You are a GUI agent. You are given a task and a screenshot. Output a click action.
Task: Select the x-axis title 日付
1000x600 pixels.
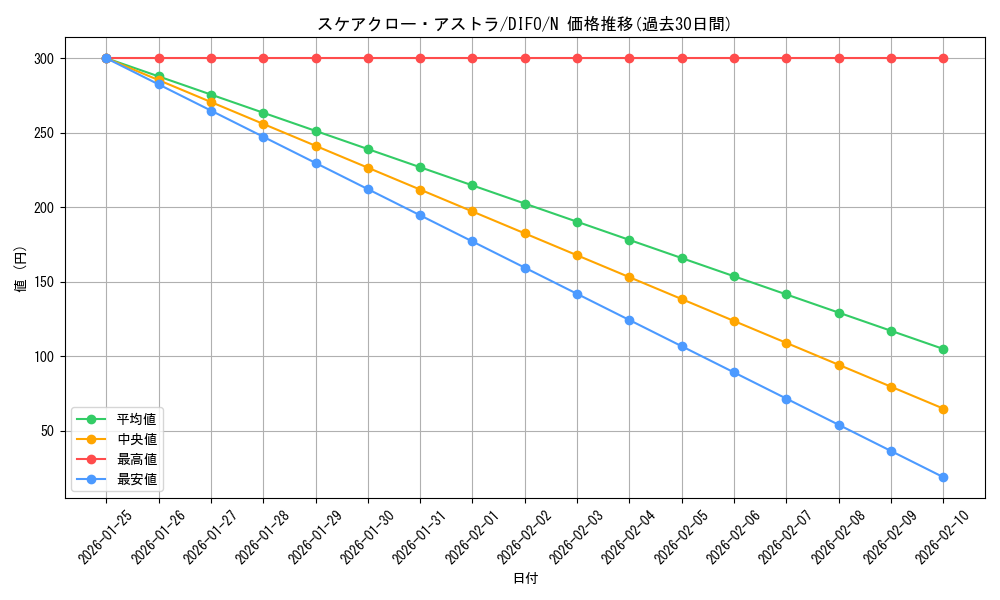pos(525,579)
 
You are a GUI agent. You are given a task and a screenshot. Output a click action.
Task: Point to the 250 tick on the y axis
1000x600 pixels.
pos(42,133)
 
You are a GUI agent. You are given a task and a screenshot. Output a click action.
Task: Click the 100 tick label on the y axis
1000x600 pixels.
pos(42,357)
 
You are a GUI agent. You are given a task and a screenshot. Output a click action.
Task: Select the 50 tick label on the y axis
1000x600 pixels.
pos(45,431)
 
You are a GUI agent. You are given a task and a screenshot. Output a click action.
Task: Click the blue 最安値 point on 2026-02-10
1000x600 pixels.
pos(943,477)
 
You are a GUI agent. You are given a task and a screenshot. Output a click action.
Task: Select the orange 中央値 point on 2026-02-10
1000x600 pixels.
pos(943,409)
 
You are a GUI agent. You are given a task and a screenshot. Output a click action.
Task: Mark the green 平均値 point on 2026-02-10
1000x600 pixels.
pos(943,349)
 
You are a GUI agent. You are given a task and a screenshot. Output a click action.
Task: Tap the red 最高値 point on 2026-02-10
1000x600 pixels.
pos(943,58)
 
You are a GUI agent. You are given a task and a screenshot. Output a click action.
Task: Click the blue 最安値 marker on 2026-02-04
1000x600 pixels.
pos(629,320)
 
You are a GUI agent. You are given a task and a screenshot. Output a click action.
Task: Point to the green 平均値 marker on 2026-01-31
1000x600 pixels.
pos(420,167)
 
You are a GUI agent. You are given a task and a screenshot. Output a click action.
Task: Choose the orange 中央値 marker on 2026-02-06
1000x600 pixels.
pos(734,321)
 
